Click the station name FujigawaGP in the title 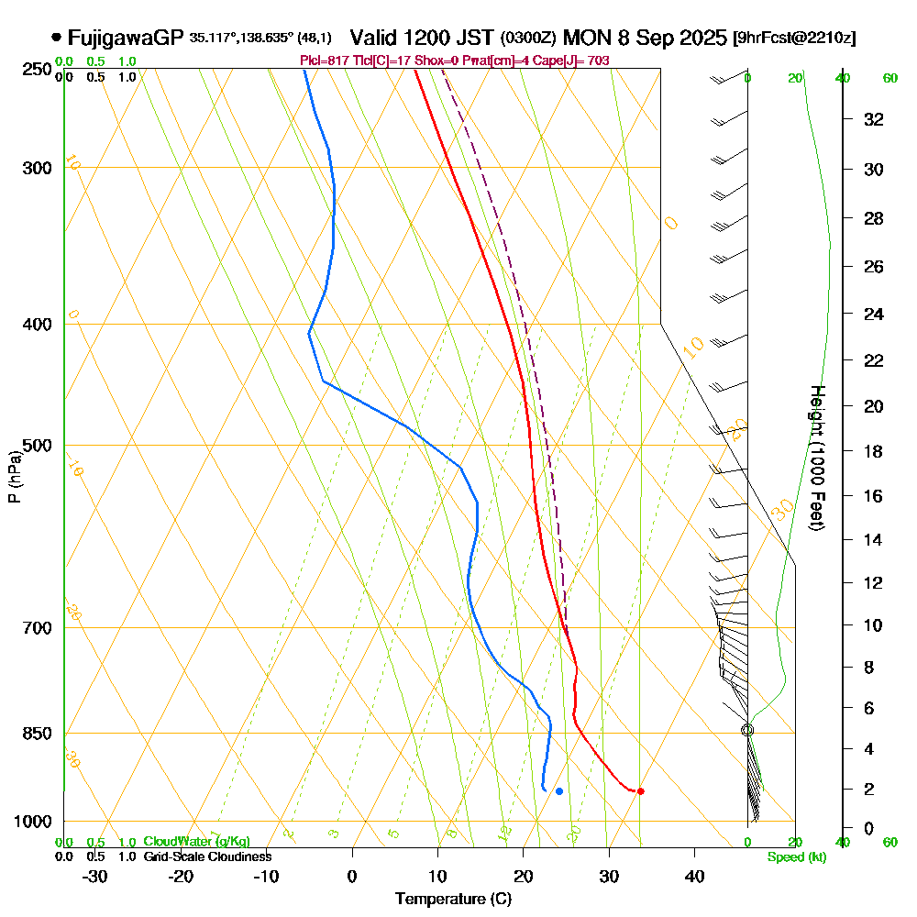(x=126, y=38)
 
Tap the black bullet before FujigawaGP (x=57, y=38)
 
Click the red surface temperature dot (x=640, y=791)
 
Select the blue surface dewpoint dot (x=558, y=790)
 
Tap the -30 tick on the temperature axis (x=95, y=876)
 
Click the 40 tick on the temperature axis (x=694, y=876)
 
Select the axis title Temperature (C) (x=453, y=900)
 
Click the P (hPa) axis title (x=14, y=476)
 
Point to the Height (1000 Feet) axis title (x=815, y=458)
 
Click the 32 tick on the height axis (x=873, y=119)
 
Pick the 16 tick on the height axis (x=873, y=496)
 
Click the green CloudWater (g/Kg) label (x=196, y=842)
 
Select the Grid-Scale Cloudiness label (x=206, y=856)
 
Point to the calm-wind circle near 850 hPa (x=747, y=730)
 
